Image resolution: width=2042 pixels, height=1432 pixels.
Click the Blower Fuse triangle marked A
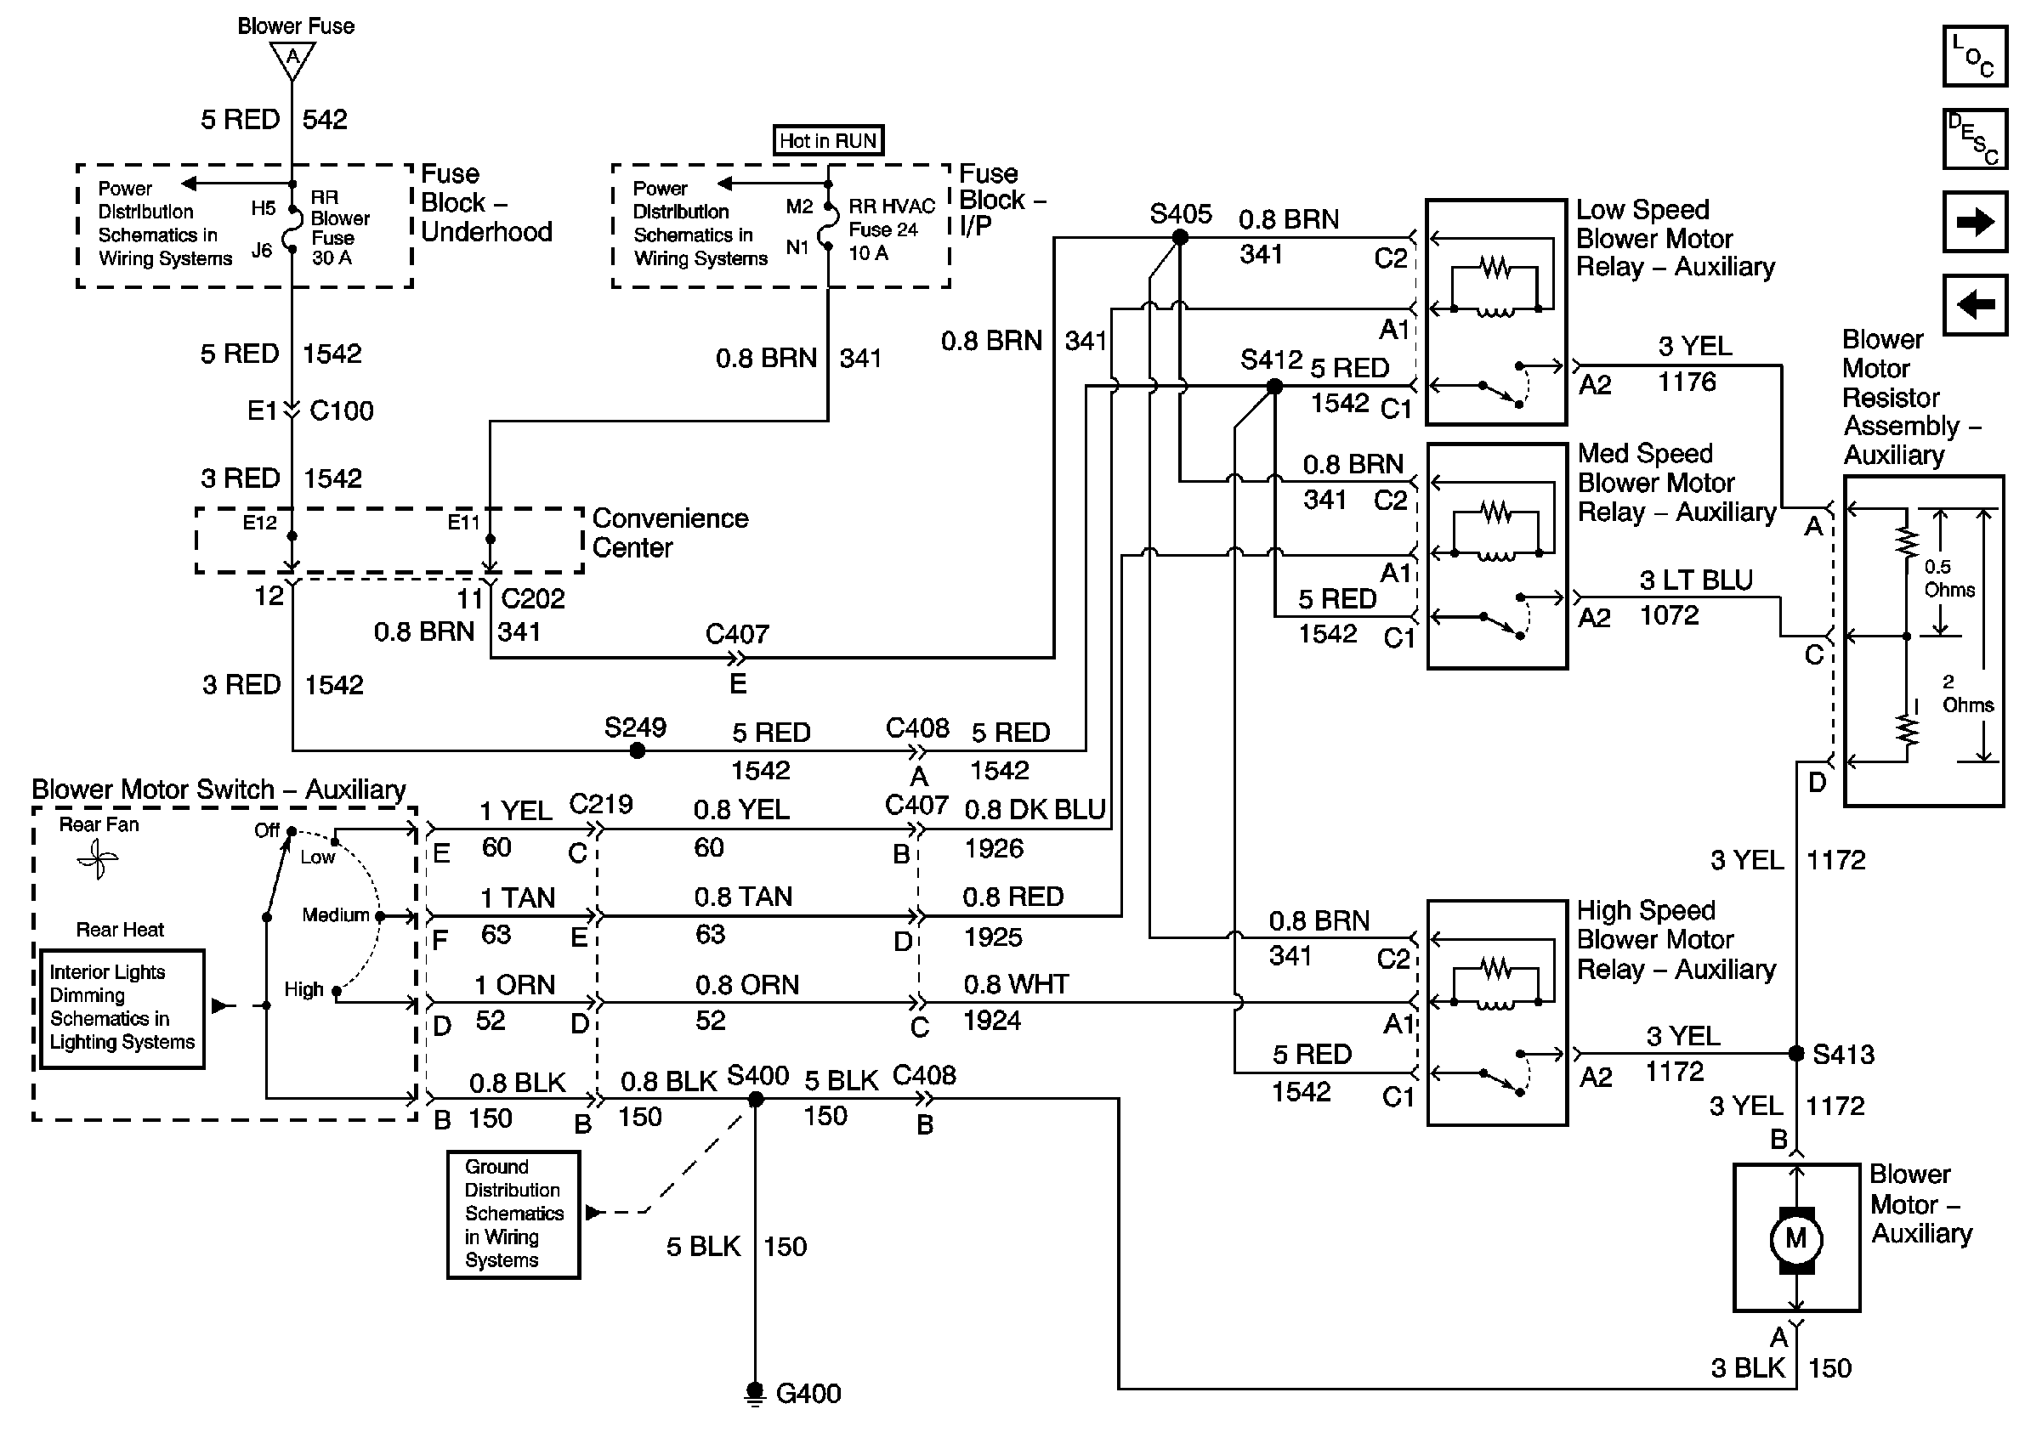click(292, 61)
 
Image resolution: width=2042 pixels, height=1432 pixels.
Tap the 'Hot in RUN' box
click(828, 140)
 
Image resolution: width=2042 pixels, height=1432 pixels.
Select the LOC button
click(1974, 56)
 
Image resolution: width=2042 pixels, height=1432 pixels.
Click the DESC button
click(1974, 139)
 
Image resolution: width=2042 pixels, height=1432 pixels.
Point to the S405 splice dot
click(1180, 237)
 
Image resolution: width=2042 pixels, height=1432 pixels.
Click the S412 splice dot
click(1274, 386)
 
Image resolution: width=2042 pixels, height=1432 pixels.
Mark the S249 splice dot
click(637, 751)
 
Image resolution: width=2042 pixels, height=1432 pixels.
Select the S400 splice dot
click(756, 1100)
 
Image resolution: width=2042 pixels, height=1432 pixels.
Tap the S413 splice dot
click(1796, 1053)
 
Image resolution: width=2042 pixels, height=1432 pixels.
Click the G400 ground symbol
click(754, 1394)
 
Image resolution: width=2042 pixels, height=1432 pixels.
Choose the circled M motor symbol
click(1796, 1238)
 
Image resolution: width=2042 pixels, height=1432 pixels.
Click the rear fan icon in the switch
click(98, 859)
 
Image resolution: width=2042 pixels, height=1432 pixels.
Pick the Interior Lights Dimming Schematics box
click(122, 1008)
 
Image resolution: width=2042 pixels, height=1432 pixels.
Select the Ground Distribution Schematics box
click(513, 1214)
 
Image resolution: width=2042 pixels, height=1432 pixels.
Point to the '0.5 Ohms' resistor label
click(1949, 578)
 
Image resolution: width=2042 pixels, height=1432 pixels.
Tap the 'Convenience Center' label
click(671, 533)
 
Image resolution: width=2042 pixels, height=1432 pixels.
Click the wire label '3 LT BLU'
click(1696, 580)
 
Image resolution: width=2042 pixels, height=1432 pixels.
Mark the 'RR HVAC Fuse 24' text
click(892, 218)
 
